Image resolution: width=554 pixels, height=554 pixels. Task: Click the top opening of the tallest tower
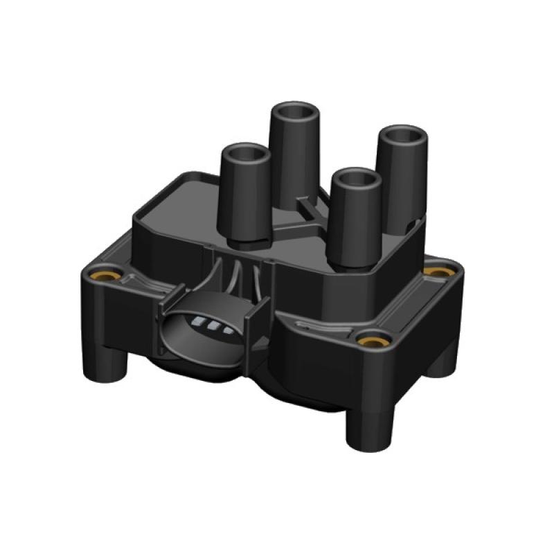click(x=294, y=112)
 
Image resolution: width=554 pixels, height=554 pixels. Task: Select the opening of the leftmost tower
click(x=244, y=153)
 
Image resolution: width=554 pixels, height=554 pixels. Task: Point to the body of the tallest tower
click(x=294, y=159)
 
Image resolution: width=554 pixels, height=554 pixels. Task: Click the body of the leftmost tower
click(x=244, y=201)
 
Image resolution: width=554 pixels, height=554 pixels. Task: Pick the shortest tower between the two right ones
click(x=355, y=222)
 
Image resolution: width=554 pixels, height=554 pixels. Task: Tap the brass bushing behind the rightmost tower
click(x=436, y=271)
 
